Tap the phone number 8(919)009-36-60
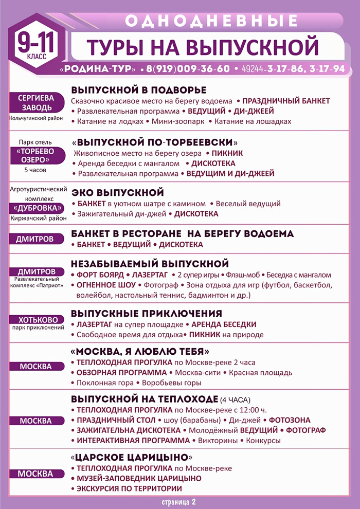click(x=188, y=69)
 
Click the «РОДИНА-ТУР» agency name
click(x=98, y=69)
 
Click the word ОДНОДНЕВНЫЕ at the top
click(x=211, y=21)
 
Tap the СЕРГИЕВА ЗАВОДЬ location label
click(x=36, y=102)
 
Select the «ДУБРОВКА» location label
click(x=39, y=208)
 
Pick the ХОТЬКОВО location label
click(x=35, y=319)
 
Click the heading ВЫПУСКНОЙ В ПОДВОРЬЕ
click(x=138, y=89)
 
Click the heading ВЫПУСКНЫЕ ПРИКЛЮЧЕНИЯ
click(x=147, y=313)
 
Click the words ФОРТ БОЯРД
click(x=99, y=275)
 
